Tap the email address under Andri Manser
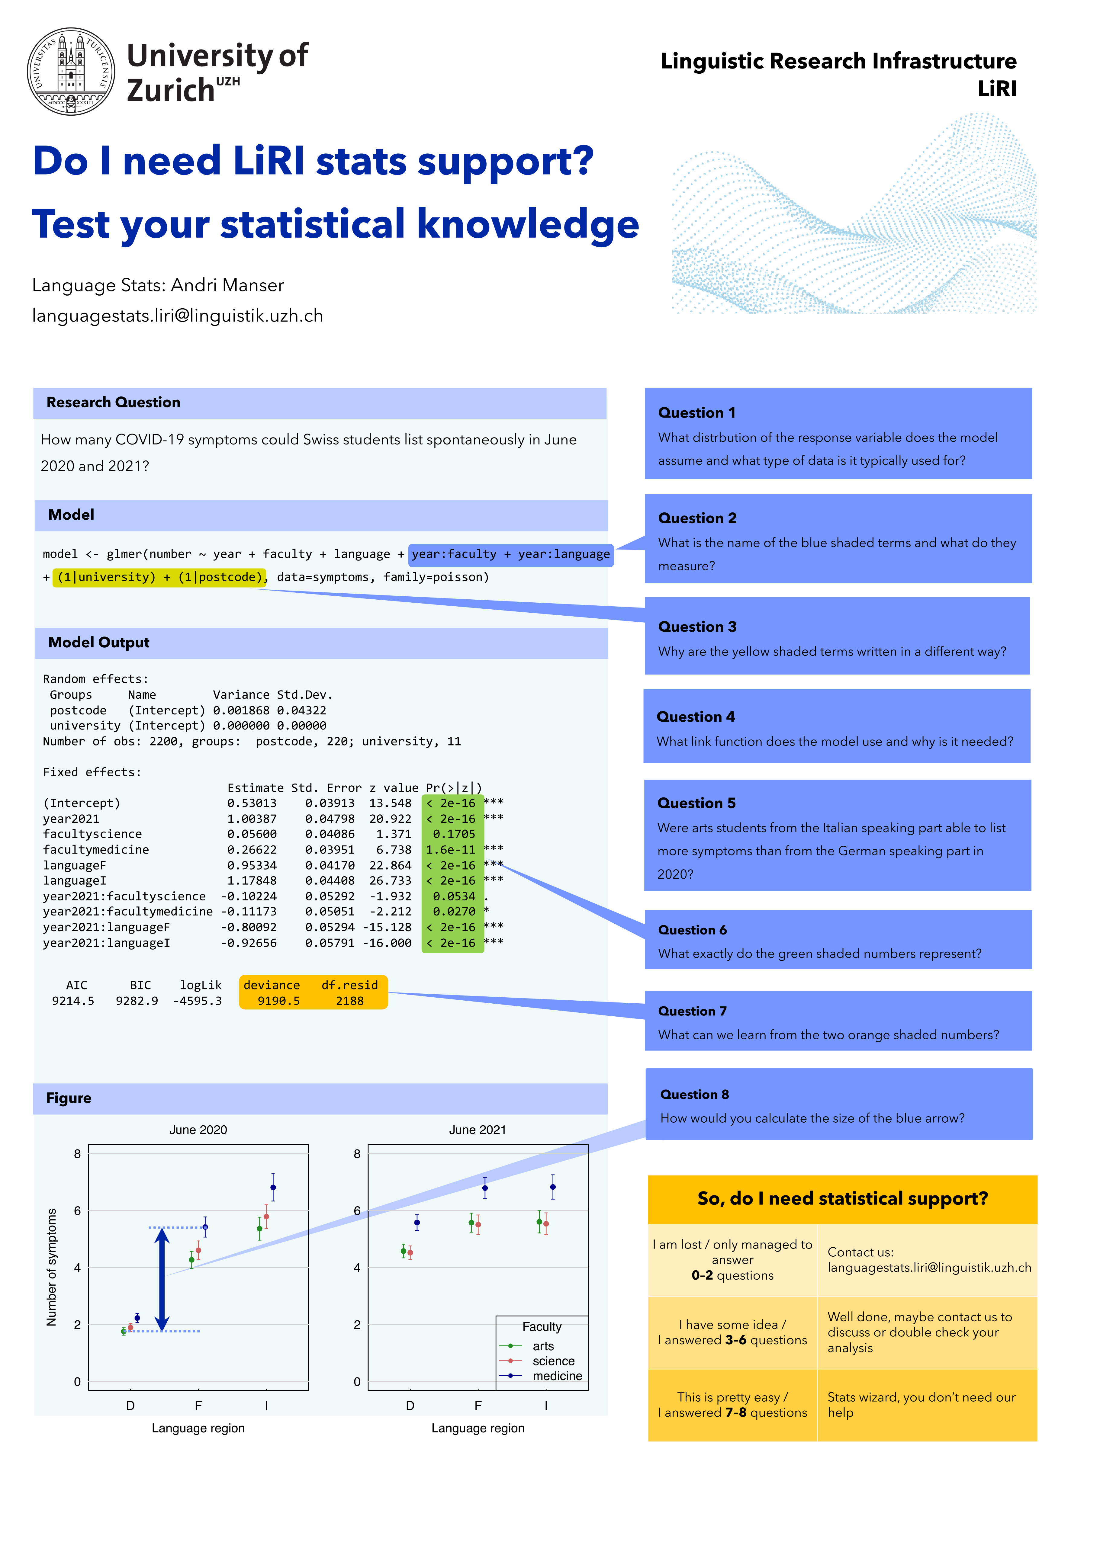click(178, 316)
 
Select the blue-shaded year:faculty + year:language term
click(511, 554)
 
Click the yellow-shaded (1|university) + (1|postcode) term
click(160, 577)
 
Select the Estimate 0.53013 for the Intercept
click(252, 803)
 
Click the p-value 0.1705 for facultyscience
click(454, 834)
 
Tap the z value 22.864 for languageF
click(390, 866)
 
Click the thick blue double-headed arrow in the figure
click(161, 1279)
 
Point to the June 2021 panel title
click(478, 1130)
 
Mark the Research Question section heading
click(113, 402)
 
